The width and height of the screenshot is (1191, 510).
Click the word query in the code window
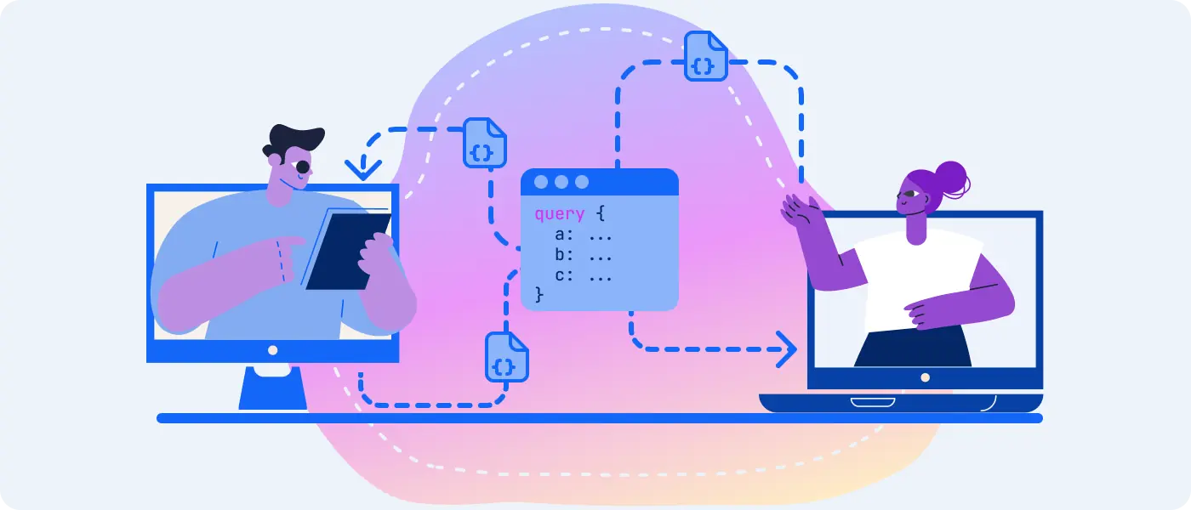pos(560,214)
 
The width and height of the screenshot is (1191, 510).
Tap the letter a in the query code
pos(561,235)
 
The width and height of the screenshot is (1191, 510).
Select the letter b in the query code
pos(561,254)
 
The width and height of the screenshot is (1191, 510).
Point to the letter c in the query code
pos(561,275)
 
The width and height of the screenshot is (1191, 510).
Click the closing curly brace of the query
pos(539,294)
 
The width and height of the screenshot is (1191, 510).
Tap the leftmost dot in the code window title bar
pos(541,182)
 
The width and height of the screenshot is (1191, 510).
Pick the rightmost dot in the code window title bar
pos(582,182)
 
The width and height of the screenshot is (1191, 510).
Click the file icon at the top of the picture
pos(705,56)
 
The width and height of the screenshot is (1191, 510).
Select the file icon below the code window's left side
pos(507,357)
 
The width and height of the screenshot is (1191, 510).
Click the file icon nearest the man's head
pos(484,143)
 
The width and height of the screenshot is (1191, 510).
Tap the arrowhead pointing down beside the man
pos(363,169)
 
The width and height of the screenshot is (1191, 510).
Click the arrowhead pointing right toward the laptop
pos(786,349)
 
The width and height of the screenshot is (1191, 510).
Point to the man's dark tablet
pos(348,251)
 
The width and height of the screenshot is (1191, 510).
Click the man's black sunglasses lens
pos(303,167)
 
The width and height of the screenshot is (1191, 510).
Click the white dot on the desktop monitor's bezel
pos(273,350)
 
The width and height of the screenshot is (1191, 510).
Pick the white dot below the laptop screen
pos(926,377)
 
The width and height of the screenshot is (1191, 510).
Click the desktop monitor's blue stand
pos(273,388)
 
